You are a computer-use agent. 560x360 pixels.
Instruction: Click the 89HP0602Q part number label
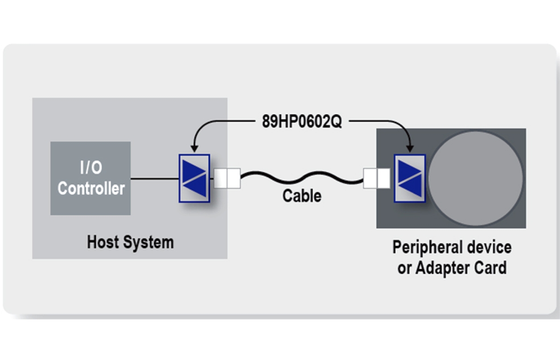click(x=302, y=122)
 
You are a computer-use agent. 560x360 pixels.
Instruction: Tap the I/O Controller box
click(x=91, y=178)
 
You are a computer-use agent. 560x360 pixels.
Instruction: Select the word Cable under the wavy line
click(x=302, y=196)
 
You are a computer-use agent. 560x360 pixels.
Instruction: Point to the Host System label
click(x=130, y=242)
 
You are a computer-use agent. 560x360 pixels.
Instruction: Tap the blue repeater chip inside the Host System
click(x=194, y=178)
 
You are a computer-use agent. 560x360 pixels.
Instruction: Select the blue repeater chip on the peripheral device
click(x=409, y=178)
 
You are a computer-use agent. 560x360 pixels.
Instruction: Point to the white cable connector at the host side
click(x=227, y=178)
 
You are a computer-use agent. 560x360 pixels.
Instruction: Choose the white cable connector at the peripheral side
click(x=377, y=178)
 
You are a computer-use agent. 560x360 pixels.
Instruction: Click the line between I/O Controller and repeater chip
click(x=154, y=178)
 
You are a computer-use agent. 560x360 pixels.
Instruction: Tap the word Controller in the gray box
click(x=91, y=188)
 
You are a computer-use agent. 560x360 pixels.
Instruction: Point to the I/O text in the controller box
click(x=91, y=168)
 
